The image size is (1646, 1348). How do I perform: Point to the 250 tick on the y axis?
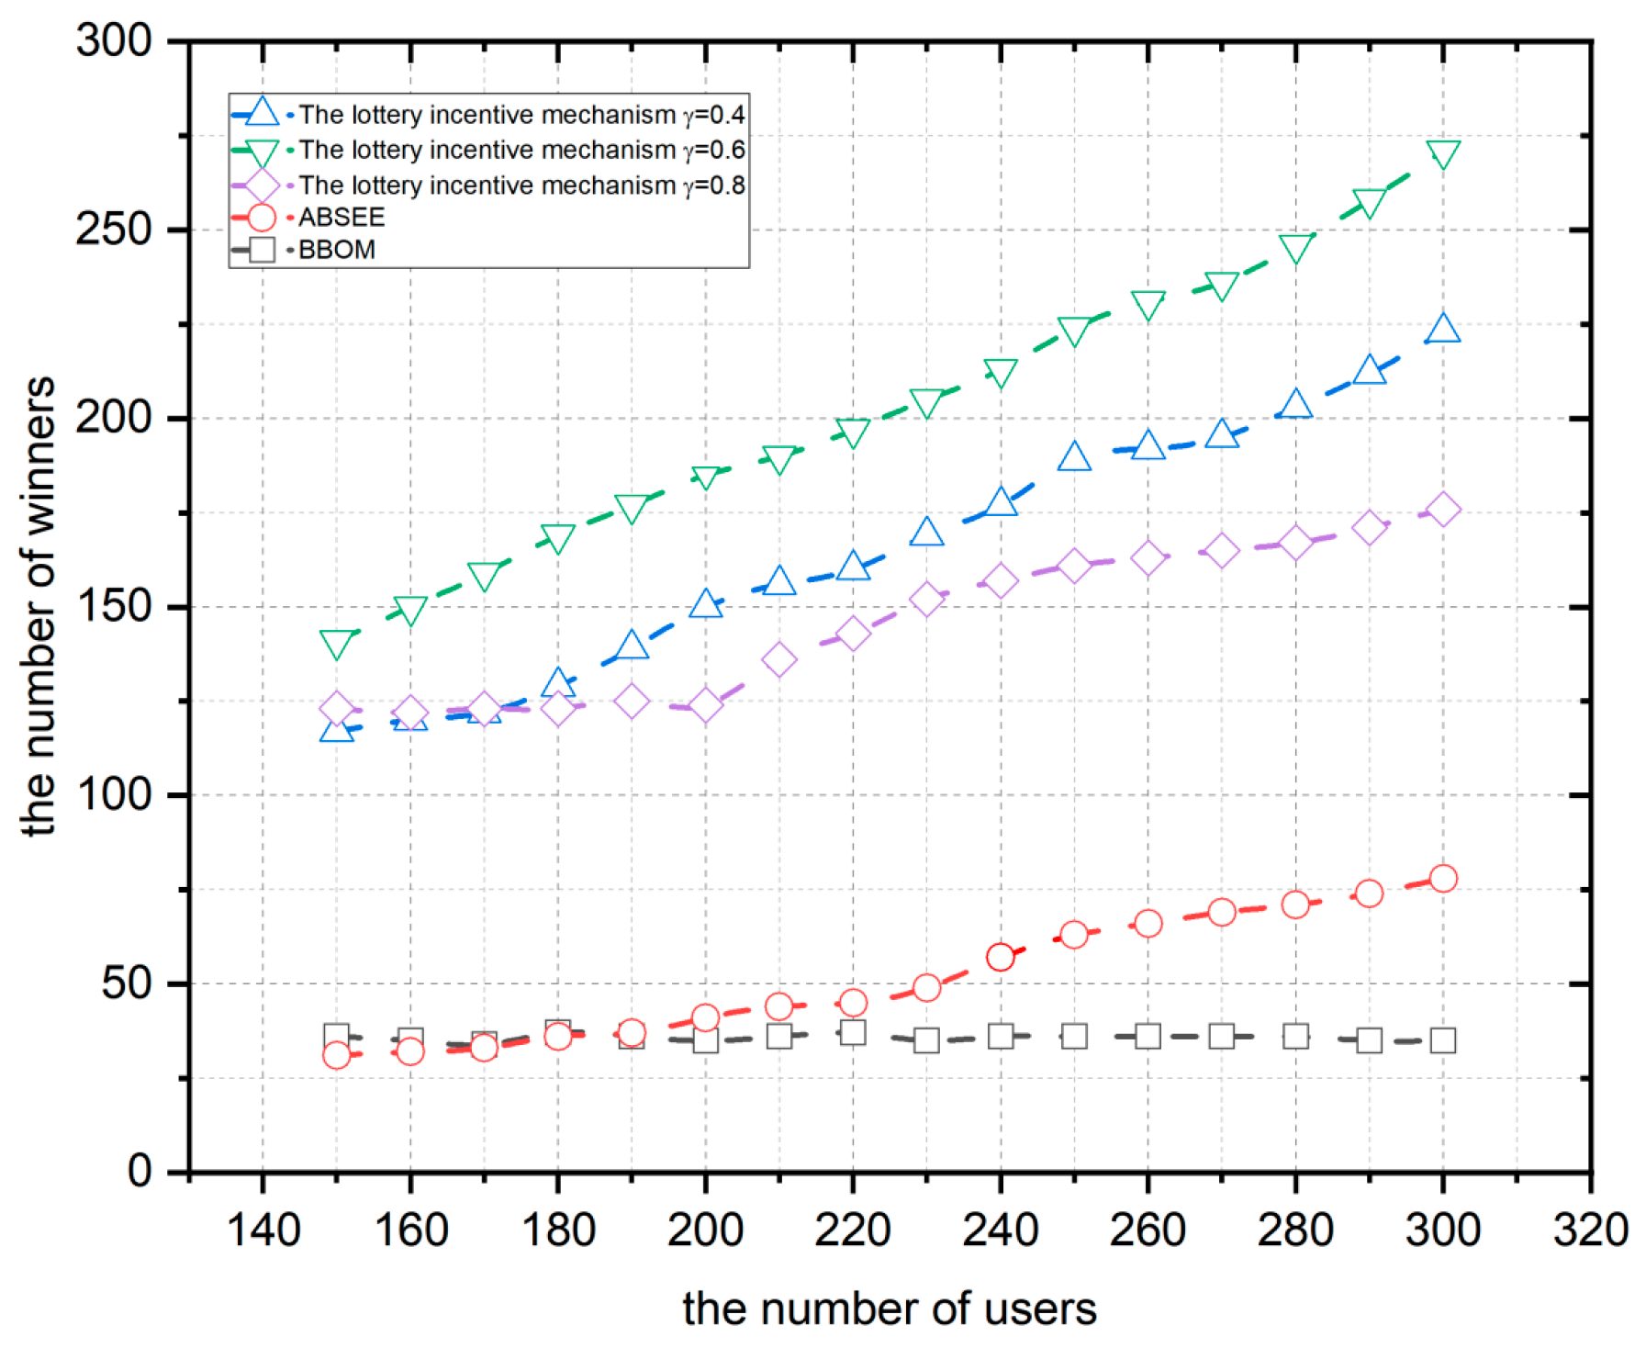click(113, 230)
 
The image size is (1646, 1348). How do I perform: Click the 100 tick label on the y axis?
click(113, 795)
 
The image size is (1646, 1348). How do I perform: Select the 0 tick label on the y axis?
click(140, 1172)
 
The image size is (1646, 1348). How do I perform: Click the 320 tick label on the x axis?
click(1590, 1230)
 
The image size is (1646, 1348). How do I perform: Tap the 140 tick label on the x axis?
click(263, 1230)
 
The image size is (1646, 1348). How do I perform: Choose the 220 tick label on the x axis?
click(853, 1230)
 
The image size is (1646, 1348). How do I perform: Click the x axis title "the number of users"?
click(889, 1309)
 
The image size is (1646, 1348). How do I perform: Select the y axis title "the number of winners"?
click(39, 606)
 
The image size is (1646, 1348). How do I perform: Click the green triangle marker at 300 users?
click(1443, 154)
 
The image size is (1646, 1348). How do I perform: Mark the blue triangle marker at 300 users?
click(1443, 329)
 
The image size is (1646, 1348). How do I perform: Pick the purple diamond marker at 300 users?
click(1443, 510)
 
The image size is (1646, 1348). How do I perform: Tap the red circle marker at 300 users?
click(1443, 879)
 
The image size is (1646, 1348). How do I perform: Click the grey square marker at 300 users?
click(1443, 1040)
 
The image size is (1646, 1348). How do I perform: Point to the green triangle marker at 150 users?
click(337, 644)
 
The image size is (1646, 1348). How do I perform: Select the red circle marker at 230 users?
click(926, 988)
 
